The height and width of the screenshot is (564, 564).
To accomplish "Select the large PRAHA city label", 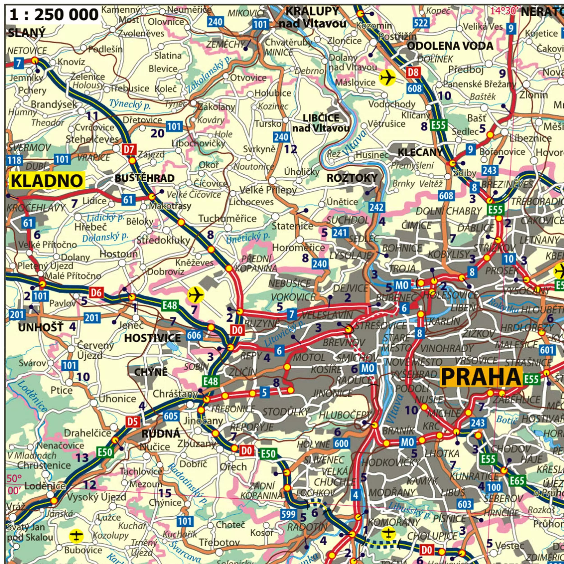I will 481,377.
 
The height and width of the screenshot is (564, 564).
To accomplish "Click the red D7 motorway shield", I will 129,150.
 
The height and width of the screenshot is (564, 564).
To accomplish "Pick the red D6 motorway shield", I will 96,293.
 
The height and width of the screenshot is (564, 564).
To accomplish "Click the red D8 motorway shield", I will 413,72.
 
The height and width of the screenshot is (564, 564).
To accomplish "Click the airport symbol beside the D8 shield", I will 387,77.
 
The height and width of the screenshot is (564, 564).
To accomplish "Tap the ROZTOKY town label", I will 352,178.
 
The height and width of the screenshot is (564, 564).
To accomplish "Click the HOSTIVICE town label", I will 152,338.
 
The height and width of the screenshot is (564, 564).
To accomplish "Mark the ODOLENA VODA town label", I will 450,46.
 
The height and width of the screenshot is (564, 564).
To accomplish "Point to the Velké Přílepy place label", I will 268,190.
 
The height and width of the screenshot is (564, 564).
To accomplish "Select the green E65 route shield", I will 517,480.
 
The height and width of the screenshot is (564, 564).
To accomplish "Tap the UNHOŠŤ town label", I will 41,327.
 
